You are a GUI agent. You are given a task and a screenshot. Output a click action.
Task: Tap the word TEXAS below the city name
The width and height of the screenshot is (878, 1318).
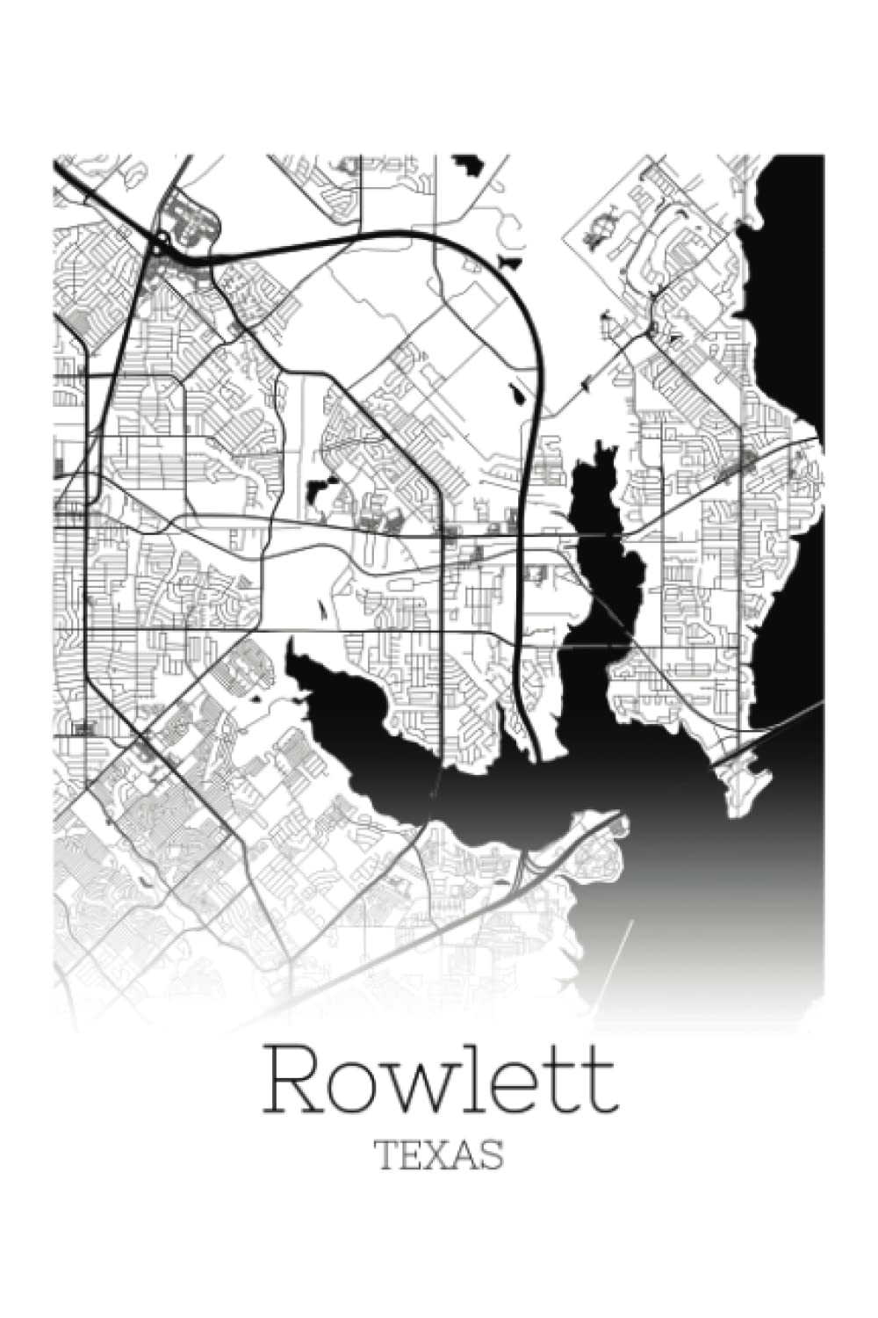pyautogui.click(x=439, y=1155)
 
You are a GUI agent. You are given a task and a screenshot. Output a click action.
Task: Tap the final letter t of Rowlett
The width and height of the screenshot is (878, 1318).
pyautogui.click(x=600, y=1083)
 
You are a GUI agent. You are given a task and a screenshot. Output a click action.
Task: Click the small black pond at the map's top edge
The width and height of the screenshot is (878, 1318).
pyautogui.click(x=470, y=164)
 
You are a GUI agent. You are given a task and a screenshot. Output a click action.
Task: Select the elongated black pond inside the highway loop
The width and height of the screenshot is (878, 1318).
pyautogui.click(x=518, y=395)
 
